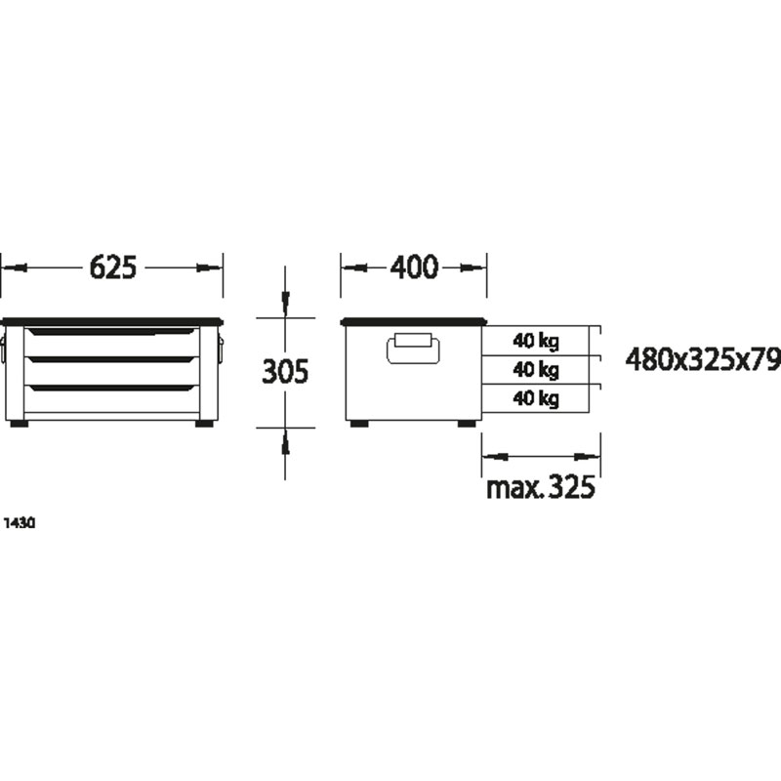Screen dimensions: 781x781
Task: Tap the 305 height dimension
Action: [285, 371]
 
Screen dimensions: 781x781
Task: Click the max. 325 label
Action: [540, 486]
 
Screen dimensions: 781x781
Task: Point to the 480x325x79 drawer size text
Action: [703, 361]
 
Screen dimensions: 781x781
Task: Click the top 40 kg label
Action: [535, 341]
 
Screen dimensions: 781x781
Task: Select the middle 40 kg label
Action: [535, 370]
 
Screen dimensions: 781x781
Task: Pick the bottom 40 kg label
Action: [535, 398]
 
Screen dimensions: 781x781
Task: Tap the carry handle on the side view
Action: [414, 349]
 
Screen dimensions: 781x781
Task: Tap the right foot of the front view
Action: [205, 425]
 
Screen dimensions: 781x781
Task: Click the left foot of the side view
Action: [359, 425]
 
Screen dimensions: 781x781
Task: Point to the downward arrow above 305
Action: [285, 304]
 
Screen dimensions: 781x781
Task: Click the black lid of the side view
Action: [413, 321]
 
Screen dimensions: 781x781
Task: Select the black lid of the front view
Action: [112, 321]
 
